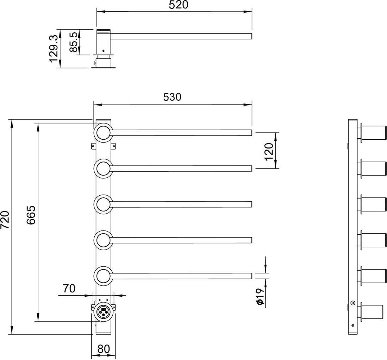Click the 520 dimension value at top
pyautogui.click(x=178, y=5)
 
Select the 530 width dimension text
pyautogui.click(x=172, y=97)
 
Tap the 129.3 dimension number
pyautogui.click(x=54, y=49)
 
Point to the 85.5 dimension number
pyautogui.click(x=74, y=42)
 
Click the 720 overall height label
pyautogui.click(x=5, y=220)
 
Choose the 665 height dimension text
pyautogui.click(x=31, y=215)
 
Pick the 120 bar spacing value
pyautogui.click(x=269, y=151)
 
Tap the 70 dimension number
pyautogui.click(x=69, y=288)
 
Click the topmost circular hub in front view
pyautogui.click(x=103, y=133)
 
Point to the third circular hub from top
pyautogui.click(x=103, y=204)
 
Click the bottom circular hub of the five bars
pyautogui.click(x=103, y=276)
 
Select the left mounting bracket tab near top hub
pyautogui.click(x=93, y=146)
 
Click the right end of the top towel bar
pyautogui.click(x=251, y=133)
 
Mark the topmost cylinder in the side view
pyautogui.click(x=373, y=133)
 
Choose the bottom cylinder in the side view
pyautogui.click(x=373, y=311)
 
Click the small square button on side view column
pyautogui.click(x=352, y=303)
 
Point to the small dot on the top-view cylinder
pyautogui.click(x=103, y=50)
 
